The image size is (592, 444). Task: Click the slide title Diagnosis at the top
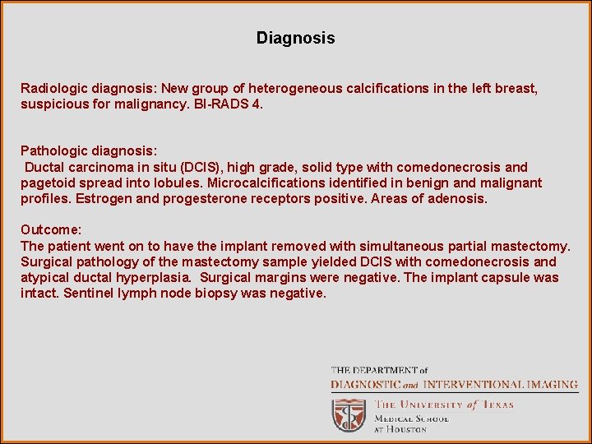[x=295, y=38]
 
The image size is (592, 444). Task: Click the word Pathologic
[x=53, y=151]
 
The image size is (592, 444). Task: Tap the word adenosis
[x=461, y=198]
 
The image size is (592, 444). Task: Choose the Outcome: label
[x=51, y=230]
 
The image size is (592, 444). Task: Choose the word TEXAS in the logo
[x=497, y=405]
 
